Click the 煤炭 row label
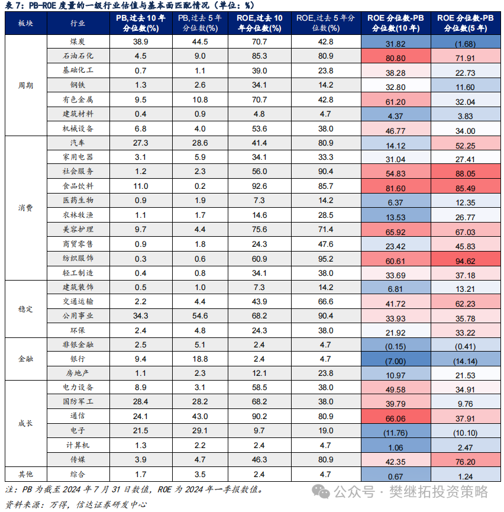[x=77, y=41]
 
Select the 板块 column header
[x=25, y=23]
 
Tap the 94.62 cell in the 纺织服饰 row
[x=465, y=261]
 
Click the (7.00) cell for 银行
[x=395, y=361]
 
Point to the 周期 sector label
[x=25, y=86]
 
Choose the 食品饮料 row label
[x=77, y=186]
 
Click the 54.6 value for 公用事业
[x=200, y=315]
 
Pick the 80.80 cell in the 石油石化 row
[x=395, y=58]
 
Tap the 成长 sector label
[x=25, y=424]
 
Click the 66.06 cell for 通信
[x=395, y=418]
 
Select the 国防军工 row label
[x=77, y=401]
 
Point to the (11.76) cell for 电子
[x=395, y=433]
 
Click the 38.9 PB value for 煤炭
[x=140, y=42]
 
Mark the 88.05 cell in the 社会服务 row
[x=465, y=173]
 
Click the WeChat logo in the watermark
[x=321, y=491]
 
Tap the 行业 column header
[x=77, y=23]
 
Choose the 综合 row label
[x=77, y=474]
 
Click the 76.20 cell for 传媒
[x=465, y=462]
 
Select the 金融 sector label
[x=25, y=359]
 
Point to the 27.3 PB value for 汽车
[x=140, y=143]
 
